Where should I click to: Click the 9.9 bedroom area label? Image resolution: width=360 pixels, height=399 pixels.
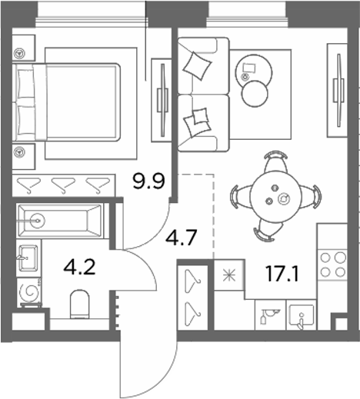148,181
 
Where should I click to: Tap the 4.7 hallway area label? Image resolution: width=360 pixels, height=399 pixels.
182,238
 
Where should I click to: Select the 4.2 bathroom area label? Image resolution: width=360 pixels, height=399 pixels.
80,268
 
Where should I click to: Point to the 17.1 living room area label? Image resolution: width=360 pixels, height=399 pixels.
282,274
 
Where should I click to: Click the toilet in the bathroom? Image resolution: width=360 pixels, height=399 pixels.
80,304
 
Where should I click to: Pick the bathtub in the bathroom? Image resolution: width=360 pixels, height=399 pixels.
60,221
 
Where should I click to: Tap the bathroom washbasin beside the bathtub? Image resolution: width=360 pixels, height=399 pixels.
28,258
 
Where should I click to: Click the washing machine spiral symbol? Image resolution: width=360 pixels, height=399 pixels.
32,292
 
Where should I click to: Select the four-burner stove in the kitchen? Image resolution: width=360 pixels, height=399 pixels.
333,264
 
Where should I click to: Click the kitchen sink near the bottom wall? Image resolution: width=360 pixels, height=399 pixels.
302,316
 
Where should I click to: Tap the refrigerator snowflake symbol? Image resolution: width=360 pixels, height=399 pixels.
229,275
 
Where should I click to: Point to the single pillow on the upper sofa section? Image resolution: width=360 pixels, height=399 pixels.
197,65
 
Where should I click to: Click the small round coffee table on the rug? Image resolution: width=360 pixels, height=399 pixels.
255,94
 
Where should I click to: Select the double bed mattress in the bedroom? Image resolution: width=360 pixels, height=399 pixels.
81,102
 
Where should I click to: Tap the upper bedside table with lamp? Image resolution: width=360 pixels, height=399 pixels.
23,48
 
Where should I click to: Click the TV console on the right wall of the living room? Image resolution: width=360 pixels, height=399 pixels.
338,90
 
